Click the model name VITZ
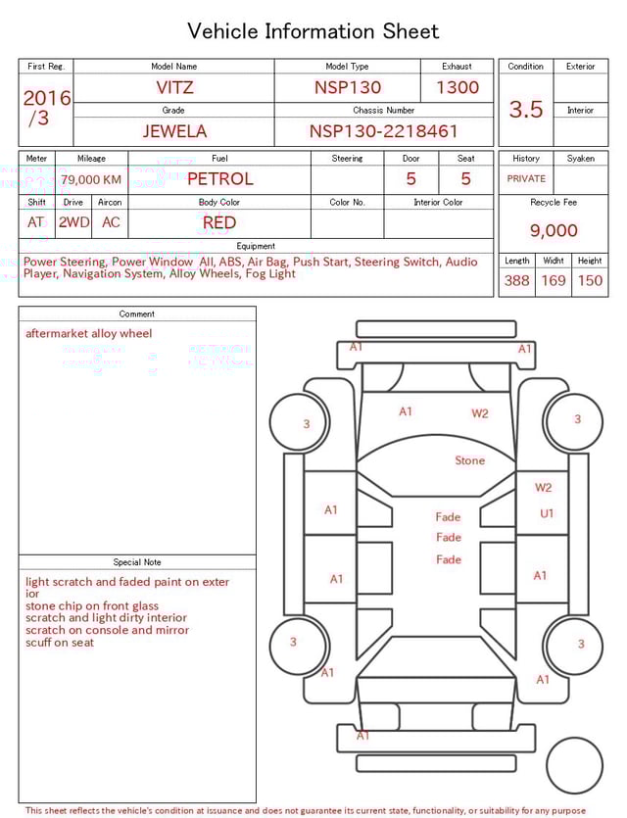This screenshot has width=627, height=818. pyautogui.click(x=174, y=87)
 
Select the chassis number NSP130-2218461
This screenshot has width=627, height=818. pyautogui.click(x=383, y=131)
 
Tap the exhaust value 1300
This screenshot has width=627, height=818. pyautogui.click(x=458, y=87)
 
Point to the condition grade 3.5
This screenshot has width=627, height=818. pyautogui.click(x=525, y=110)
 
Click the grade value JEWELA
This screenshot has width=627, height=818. pyautogui.click(x=174, y=131)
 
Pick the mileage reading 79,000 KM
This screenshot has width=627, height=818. pyautogui.click(x=91, y=180)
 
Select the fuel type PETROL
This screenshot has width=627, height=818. pyautogui.click(x=219, y=179)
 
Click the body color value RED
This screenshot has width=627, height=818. pyautogui.click(x=219, y=222)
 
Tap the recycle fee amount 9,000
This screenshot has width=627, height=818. pyautogui.click(x=554, y=231)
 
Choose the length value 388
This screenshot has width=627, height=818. pyautogui.click(x=516, y=281)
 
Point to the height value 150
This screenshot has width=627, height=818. pyautogui.click(x=590, y=281)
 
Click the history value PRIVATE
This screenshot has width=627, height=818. pyautogui.click(x=526, y=179)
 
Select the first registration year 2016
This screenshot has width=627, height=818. pyautogui.click(x=47, y=98)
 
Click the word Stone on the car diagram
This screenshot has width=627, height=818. pyautogui.click(x=469, y=460)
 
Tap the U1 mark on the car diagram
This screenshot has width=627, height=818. pyautogui.click(x=547, y=513)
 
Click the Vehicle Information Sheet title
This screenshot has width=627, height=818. pyautogui.click(x=313, y=31)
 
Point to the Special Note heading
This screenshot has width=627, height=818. pyautogui.click(x=137, y=562)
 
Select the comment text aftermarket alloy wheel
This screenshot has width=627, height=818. pyautogui.click(x=89, y=334)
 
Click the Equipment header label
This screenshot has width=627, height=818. pyautogui.click(x=256, y=246)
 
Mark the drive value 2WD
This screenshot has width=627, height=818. pyautogui.click(x=73, y=222)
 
